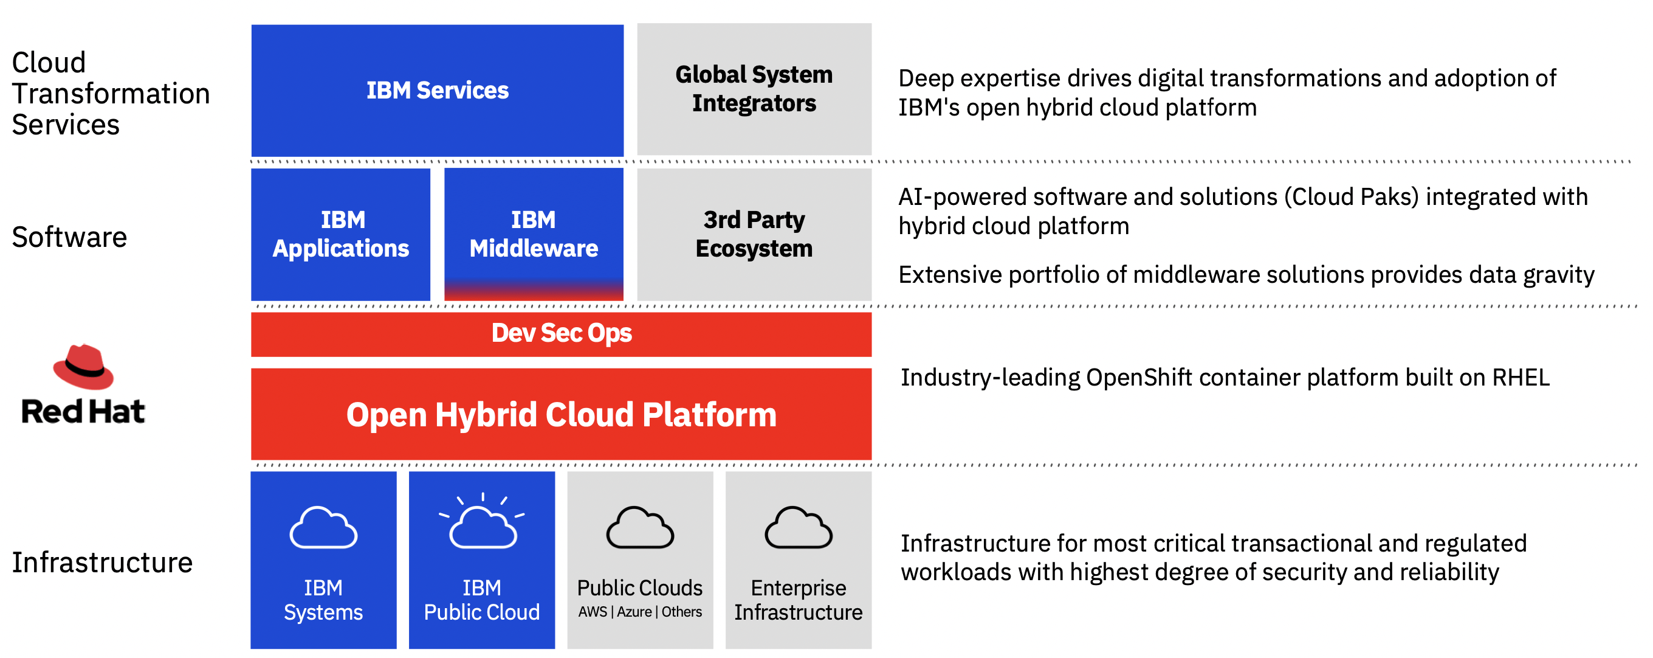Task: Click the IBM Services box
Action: (x=437, y=90)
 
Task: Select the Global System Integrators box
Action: (x=754, y=89)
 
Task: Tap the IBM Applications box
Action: (x=340, y=234)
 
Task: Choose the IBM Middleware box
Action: (x=533, y=234)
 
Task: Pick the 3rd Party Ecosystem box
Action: (x=754, y=234)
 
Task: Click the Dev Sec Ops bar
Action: (x=561, y=334)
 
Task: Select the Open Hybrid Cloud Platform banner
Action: (x=561, y=414)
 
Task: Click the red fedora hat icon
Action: (x=83, y=367)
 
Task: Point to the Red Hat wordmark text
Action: (x=83, y=412)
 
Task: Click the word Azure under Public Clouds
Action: (x=634, y=612)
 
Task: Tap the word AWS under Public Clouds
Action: (x=593, y=612)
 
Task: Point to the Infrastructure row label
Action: (x=102, y=563)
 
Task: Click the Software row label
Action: (x=69, y=238)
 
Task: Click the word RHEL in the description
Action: (x=1521, y=378)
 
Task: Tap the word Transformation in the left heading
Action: (x=111, y=94)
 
